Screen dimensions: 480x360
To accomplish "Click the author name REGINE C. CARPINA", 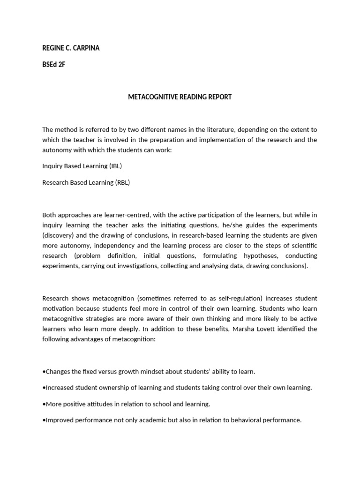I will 71,48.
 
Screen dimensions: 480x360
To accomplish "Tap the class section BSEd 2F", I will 53,65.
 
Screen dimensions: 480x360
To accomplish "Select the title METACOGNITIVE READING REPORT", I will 180,97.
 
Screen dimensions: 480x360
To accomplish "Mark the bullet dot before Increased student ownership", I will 44,388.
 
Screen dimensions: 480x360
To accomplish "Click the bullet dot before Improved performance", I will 44,420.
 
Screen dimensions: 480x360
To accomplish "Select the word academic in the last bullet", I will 153,420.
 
